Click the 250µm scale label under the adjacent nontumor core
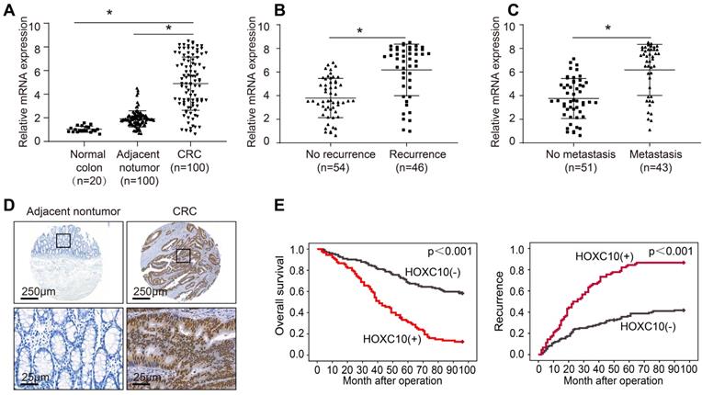click(36, 291)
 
